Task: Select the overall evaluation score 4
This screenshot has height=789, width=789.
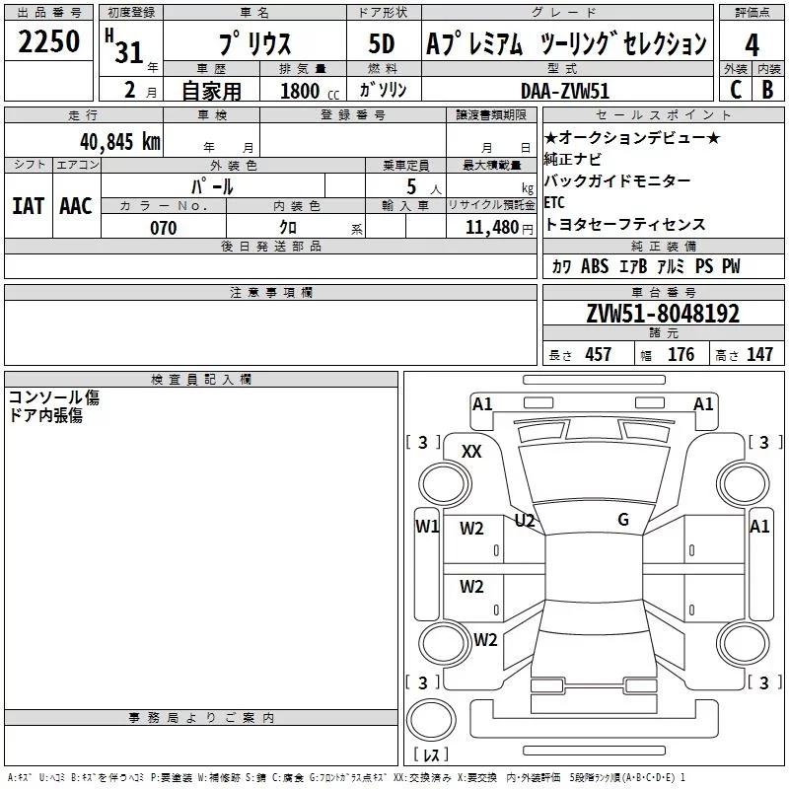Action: tap(753, 44)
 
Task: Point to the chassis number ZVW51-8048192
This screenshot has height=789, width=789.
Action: tap(663, 315)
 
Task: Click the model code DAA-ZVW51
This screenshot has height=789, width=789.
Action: tap(563, 90)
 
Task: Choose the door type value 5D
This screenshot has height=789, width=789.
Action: tap(381, 44)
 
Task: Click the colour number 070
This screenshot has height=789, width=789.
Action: tap(164, 228)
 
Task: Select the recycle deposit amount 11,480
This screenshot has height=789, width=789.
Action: tap(490, 228)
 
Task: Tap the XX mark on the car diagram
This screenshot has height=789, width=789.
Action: tap(472, 451)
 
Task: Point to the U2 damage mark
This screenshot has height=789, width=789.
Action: tap(525, 520)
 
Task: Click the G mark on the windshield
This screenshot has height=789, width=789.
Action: tap(623, 520)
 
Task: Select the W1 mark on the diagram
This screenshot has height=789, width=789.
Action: tap(427, 527)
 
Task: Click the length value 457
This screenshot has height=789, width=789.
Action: tap(598, 355)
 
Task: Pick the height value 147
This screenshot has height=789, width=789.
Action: tap(759, 355)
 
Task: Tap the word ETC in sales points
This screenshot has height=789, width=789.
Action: tap(554, 202)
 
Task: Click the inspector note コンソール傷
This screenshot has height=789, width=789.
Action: tap(54, 397)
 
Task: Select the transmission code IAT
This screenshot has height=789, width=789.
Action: tap(28, 206)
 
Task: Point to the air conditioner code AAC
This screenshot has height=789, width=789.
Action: tap(76, 206)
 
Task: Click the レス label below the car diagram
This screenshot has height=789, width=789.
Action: tap(431, 755)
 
